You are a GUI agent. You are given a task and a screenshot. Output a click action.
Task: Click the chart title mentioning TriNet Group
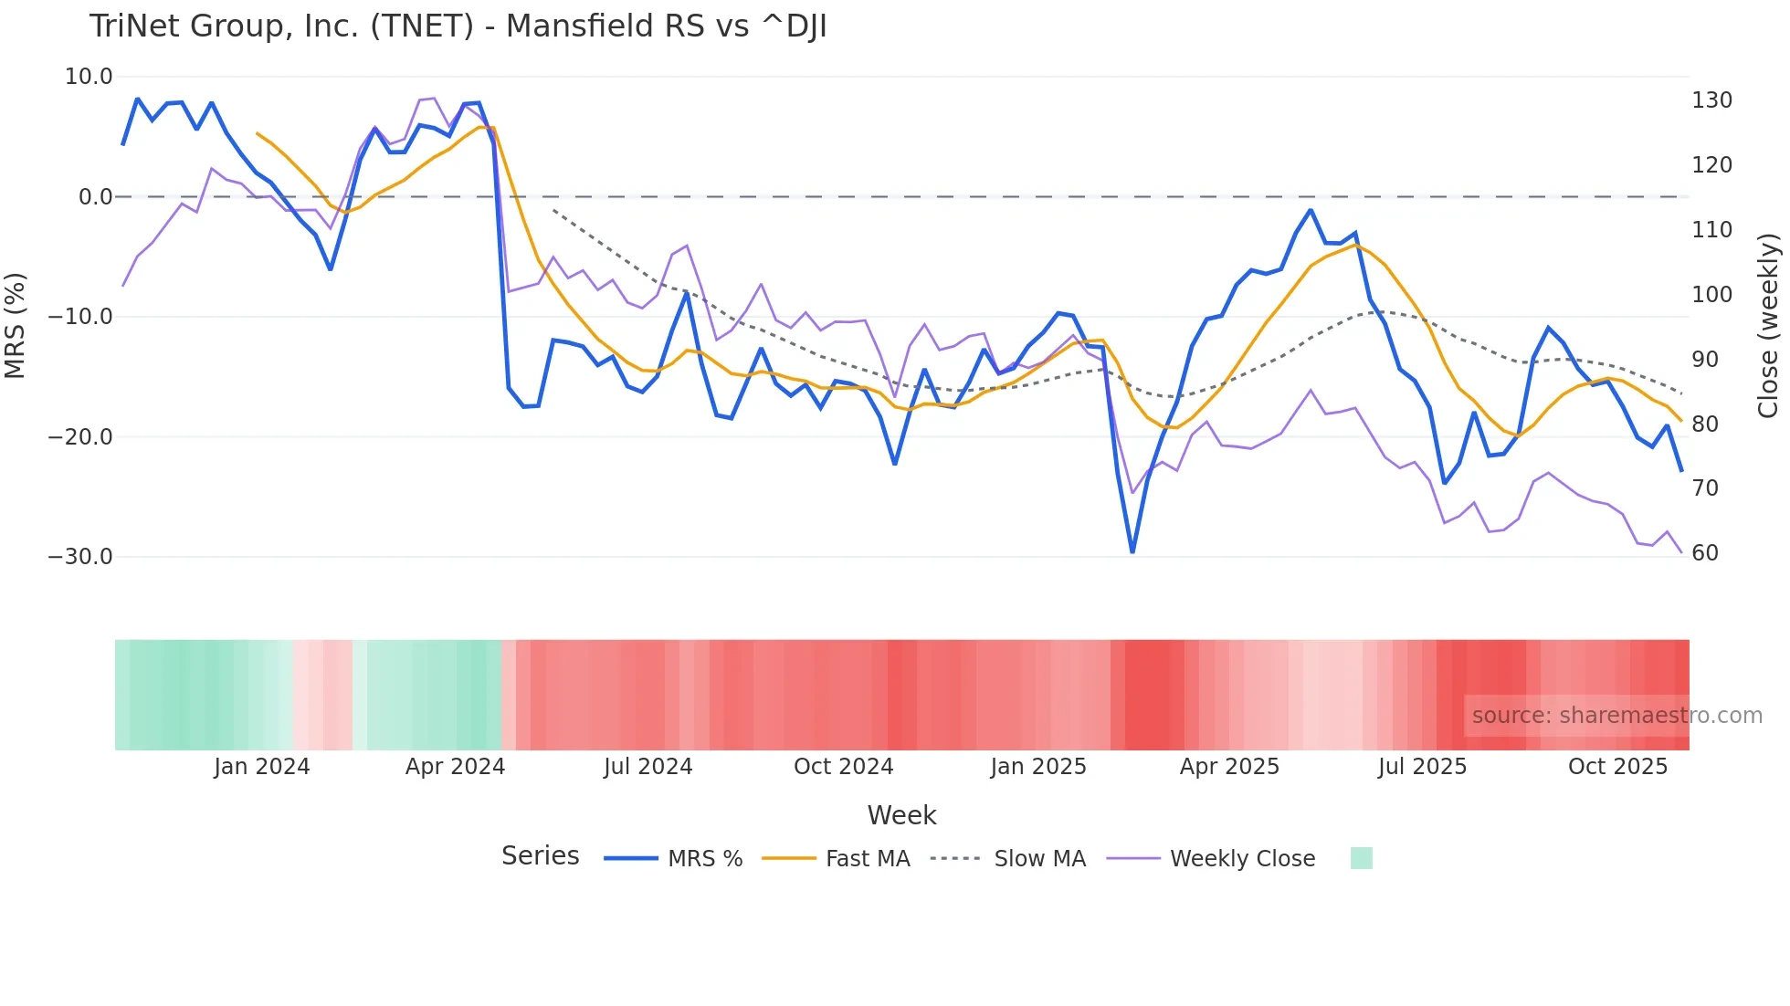point(458,26)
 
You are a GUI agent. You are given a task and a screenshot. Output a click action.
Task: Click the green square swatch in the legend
point(1361,858)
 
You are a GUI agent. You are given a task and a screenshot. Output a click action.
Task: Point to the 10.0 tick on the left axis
point(89,77)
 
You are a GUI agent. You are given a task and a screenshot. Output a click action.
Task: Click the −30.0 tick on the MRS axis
point(80,557)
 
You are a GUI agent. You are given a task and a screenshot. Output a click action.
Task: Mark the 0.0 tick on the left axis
point(95,197)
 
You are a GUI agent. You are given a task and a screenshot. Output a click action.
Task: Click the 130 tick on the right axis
point(1711,100)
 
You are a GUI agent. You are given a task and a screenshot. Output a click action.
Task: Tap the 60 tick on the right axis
point(1705,553)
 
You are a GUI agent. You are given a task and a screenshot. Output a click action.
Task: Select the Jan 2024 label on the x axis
point(262,767)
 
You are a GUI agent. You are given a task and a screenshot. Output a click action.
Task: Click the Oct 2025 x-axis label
point(1617,767)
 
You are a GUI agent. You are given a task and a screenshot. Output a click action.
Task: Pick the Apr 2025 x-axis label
point(1229,767)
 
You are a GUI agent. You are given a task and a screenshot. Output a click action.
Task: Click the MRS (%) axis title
point(16,326)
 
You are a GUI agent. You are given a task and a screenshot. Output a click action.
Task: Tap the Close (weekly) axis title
point(1768,326)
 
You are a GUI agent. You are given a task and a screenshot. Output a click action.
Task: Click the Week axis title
point(901,815)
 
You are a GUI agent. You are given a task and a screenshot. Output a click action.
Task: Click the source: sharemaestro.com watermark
point(1616,716)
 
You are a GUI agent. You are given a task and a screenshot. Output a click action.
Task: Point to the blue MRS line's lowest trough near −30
point(1132,551)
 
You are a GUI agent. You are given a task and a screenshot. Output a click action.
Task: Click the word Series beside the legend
point(540,856)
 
